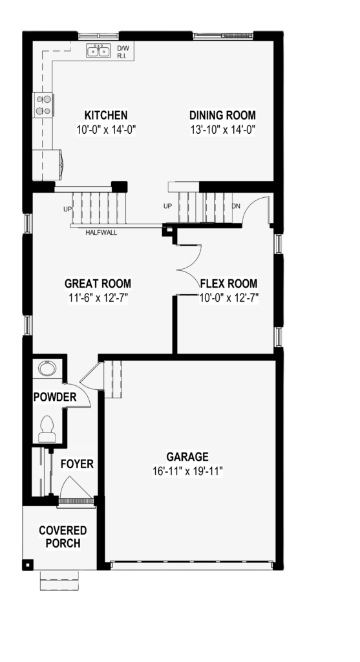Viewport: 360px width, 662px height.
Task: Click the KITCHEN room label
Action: point(106,115)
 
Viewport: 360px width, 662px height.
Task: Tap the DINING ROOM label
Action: point(222,115)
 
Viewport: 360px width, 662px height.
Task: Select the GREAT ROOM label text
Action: point(98,283)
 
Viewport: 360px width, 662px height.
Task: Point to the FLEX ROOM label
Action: point(229,283)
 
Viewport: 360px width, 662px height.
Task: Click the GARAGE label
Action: point(187,457)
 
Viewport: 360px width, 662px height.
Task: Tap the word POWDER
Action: point(55,397)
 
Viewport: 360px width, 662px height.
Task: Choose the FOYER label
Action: point(77,464)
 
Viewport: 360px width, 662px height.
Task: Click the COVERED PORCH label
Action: point(63,537)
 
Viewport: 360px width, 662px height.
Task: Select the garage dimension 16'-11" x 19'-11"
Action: point(187,471)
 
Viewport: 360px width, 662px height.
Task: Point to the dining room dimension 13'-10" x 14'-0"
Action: point(223,129)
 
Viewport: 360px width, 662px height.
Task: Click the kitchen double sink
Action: point(98,50)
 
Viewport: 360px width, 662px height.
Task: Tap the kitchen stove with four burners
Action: point(43,105)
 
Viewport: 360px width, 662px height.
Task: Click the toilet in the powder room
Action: point(47,429)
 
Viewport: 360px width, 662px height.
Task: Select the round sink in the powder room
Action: point(47,368)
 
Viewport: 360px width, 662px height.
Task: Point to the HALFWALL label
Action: point(101,232)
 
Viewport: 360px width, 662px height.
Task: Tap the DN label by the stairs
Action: point(237,206)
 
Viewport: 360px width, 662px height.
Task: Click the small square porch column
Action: point(27,564)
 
